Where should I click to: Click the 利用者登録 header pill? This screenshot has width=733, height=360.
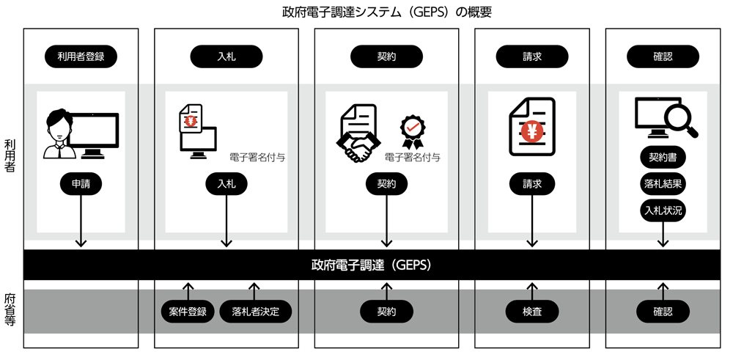81,56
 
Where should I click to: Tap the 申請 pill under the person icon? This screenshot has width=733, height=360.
81,184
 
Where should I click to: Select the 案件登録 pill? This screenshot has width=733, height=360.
188,312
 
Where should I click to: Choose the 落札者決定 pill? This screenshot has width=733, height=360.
255,312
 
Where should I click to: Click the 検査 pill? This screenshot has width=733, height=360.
532,312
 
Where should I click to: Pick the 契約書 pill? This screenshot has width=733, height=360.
663,157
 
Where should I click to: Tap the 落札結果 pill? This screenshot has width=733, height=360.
663,184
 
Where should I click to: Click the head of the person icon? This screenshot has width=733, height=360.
58,123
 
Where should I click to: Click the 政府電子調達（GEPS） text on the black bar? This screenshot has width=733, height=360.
370,265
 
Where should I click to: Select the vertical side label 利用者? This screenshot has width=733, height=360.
10,155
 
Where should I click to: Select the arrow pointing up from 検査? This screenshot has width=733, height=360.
532,290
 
